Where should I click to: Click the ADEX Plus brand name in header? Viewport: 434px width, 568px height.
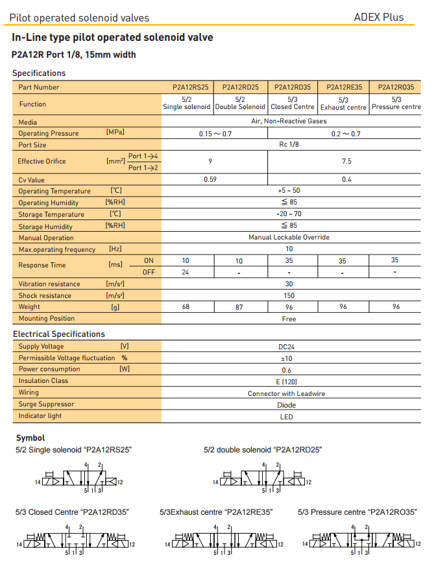378,18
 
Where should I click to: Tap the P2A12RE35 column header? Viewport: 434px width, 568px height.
343,87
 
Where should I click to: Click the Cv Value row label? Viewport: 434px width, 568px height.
32,179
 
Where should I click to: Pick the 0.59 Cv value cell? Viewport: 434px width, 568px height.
210,179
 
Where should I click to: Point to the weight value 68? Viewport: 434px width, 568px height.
186,307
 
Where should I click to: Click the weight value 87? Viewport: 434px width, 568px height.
239,307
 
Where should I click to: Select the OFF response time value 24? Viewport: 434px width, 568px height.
186,272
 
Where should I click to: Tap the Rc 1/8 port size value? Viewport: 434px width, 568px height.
289,145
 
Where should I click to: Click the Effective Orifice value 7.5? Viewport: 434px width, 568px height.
346,161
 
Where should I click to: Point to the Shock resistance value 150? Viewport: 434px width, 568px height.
289,295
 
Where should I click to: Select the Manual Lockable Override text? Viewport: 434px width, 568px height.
289,238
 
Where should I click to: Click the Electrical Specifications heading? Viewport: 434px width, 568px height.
59,334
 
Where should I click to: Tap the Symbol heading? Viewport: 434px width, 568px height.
30,438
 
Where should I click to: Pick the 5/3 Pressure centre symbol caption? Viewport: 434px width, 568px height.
357,512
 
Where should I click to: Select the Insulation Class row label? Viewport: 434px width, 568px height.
43,381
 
